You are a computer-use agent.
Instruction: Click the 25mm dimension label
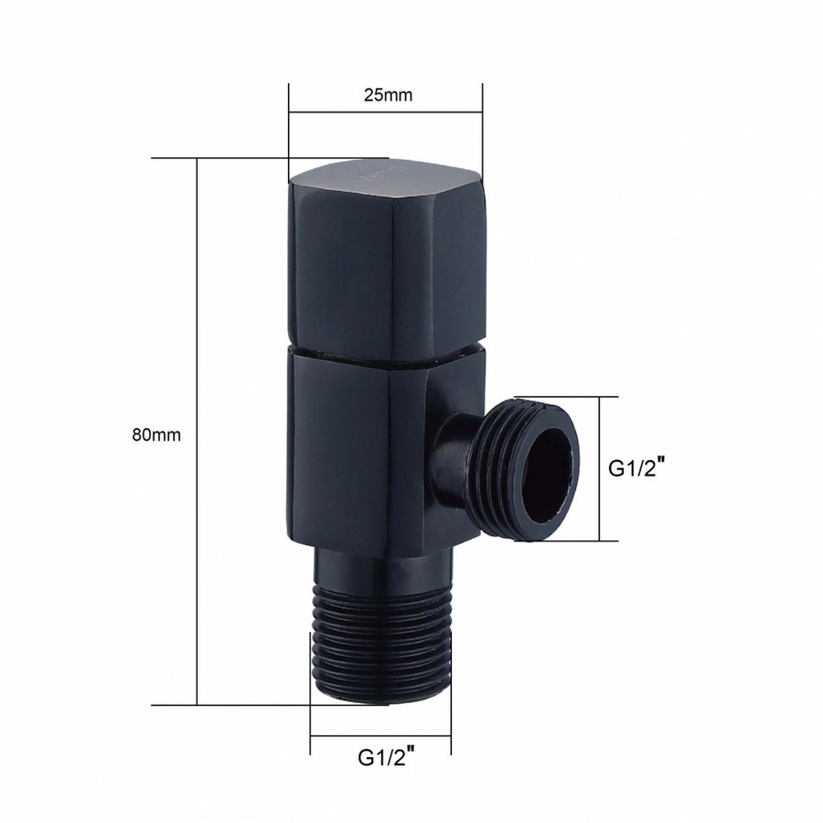[x=388, y=95]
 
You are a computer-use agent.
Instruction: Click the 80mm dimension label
[x=156, y=435]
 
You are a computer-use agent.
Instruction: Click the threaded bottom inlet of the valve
[x=380, y=642]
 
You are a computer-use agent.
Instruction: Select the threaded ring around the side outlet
[x=525, y=469]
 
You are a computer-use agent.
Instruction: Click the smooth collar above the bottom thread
[x=382, y=568]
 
